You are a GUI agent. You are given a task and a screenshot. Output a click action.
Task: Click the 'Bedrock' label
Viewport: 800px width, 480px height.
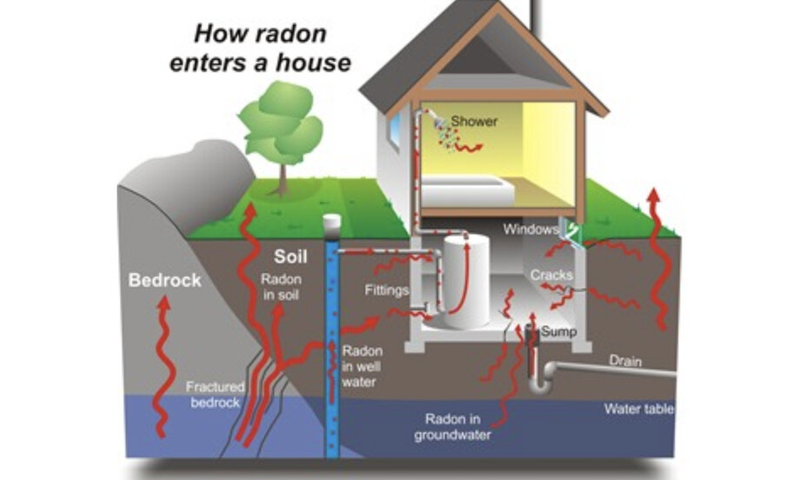[x=164, y=281]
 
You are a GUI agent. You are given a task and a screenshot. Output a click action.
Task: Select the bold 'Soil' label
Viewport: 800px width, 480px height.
[x=290, y=257]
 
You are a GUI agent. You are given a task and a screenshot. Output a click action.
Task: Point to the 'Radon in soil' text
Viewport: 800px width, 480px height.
[x=281, y=288]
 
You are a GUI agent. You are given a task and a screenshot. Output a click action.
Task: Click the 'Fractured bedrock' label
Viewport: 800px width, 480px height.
[x=215, y=395]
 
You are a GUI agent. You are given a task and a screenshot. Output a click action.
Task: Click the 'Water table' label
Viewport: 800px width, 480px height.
[x=639, y=408]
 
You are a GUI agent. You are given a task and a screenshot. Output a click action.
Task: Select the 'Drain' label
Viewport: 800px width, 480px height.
[x=625, y=361]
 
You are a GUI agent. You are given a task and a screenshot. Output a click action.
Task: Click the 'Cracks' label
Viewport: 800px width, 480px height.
[x=552, y=275]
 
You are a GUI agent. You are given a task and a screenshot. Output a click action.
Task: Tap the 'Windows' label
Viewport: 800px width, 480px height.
[x=531, y=230]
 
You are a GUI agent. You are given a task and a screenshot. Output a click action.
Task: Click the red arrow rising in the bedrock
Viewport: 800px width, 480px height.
[x=160, y=366]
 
